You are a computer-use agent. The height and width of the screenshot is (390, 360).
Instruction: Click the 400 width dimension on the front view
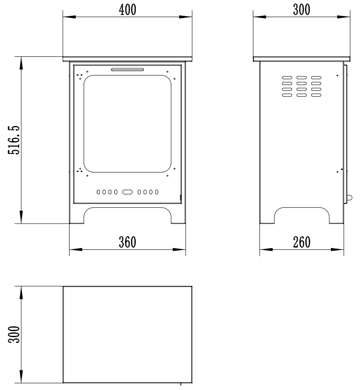coord(128,10)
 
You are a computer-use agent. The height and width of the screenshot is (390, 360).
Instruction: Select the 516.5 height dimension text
coord(14,140)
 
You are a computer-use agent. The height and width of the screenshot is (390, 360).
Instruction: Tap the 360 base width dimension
coord(128,242)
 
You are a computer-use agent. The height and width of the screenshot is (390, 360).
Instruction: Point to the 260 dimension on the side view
coord(302,242)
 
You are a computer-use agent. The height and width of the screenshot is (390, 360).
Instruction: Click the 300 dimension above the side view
coord(302,10)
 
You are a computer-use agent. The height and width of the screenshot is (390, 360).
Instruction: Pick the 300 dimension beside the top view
coord(14,335)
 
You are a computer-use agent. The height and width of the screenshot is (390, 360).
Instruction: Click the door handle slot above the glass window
coord(128,69)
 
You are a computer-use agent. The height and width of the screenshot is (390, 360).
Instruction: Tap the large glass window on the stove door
coord(128,123)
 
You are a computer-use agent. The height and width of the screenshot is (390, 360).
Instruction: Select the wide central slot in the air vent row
coord(128,192)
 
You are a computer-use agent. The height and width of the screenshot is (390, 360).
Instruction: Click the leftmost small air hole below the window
coord(98,192)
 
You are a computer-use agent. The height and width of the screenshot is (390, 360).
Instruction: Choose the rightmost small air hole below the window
coord(156,192)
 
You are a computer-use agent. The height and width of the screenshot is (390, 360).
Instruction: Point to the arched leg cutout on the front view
coord(128,207)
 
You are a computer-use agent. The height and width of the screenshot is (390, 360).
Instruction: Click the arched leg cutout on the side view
coord(302,207)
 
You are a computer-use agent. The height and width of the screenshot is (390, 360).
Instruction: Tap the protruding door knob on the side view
coord(350,198)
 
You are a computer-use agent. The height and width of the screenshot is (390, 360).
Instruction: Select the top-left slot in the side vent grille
coord(287,77)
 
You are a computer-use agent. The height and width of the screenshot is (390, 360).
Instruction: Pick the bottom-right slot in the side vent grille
coord(316,95)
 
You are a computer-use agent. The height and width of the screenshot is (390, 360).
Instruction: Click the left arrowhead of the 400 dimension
coord(69,17)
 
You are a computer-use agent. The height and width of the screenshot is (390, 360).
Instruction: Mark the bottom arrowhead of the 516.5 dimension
coord(21,217)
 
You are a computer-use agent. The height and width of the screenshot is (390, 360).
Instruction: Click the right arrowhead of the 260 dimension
coord(337,249)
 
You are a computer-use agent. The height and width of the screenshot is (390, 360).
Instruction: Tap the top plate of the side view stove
coord(302,59)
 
